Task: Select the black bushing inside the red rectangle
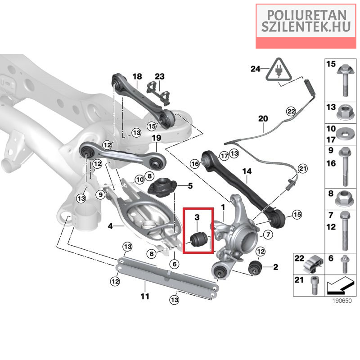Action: tap(198, 238)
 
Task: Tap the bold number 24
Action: tap(256, 69)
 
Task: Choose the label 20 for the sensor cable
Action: tap(263, 119)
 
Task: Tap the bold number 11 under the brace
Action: tap(144, 296)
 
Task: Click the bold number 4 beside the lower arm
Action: tap(110, 226)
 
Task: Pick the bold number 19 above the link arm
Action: tap(156, 138)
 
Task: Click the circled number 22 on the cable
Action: tap(291, 111)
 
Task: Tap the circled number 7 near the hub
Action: tap(266, 234)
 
